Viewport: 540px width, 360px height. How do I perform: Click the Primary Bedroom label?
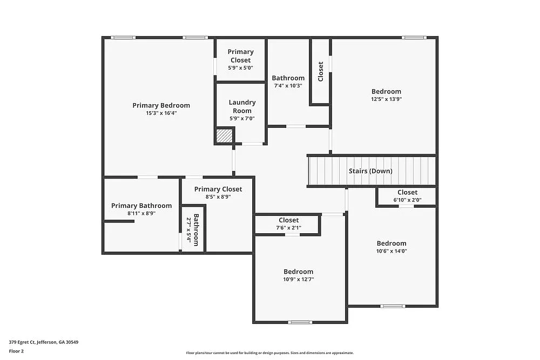pos(161,105)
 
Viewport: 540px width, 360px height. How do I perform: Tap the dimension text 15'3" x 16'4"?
pos(161,113)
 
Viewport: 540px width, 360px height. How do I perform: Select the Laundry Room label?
pos(242,106)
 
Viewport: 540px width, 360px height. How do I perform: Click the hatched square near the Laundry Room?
pos(224,135)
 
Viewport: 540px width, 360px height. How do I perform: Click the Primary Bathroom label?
pos(141,206)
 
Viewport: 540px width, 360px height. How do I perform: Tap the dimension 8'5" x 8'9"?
pos(218,197)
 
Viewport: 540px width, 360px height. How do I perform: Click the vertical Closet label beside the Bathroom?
pos(321,71)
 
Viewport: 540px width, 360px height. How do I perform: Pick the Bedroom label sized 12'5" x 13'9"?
pos(386,92)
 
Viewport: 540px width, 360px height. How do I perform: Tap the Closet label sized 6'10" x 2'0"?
pos(407,193)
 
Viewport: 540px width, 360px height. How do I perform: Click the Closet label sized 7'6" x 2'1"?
pos(288,220)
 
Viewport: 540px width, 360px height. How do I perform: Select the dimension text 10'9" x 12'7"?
pos(298,280)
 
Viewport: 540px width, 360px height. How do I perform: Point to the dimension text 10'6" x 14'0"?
pos(391,251)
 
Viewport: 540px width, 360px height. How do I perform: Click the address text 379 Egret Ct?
pos(44,342)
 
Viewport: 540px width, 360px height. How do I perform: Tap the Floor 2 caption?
pos(16,351)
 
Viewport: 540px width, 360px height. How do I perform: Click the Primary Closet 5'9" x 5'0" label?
pos(240,56)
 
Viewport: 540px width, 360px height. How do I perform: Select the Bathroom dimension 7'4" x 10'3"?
pos(288,85)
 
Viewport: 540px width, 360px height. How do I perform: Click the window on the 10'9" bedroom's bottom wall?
pos(300,322)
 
